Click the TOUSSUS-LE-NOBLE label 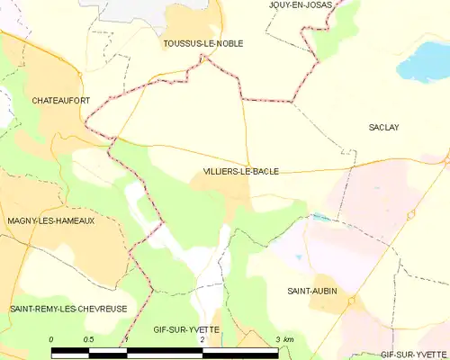(202, 42)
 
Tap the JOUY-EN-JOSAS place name (301, 4)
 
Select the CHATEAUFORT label (60, 100)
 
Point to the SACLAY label (383, 128)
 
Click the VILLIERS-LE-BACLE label (240, 171)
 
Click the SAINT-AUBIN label (311, 291)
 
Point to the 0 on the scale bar (51, 339)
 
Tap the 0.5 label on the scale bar (88, 339)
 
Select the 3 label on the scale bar (277, 339)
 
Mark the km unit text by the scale (289, 339)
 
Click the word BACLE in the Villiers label (264, 171)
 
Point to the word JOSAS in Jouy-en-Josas (318, 4)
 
